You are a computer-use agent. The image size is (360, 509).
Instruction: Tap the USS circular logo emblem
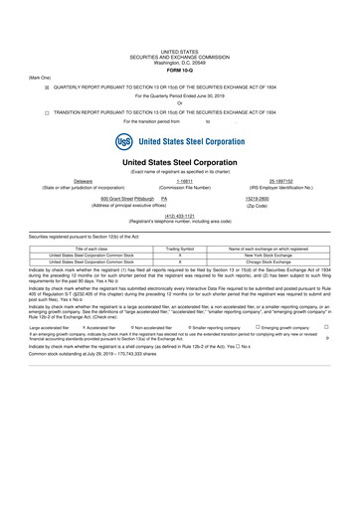(124, 140)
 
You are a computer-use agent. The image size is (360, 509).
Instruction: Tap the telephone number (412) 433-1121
(179, 216)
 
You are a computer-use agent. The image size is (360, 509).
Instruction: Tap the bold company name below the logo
(180, 162)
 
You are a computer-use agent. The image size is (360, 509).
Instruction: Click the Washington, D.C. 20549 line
(180, 61)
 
